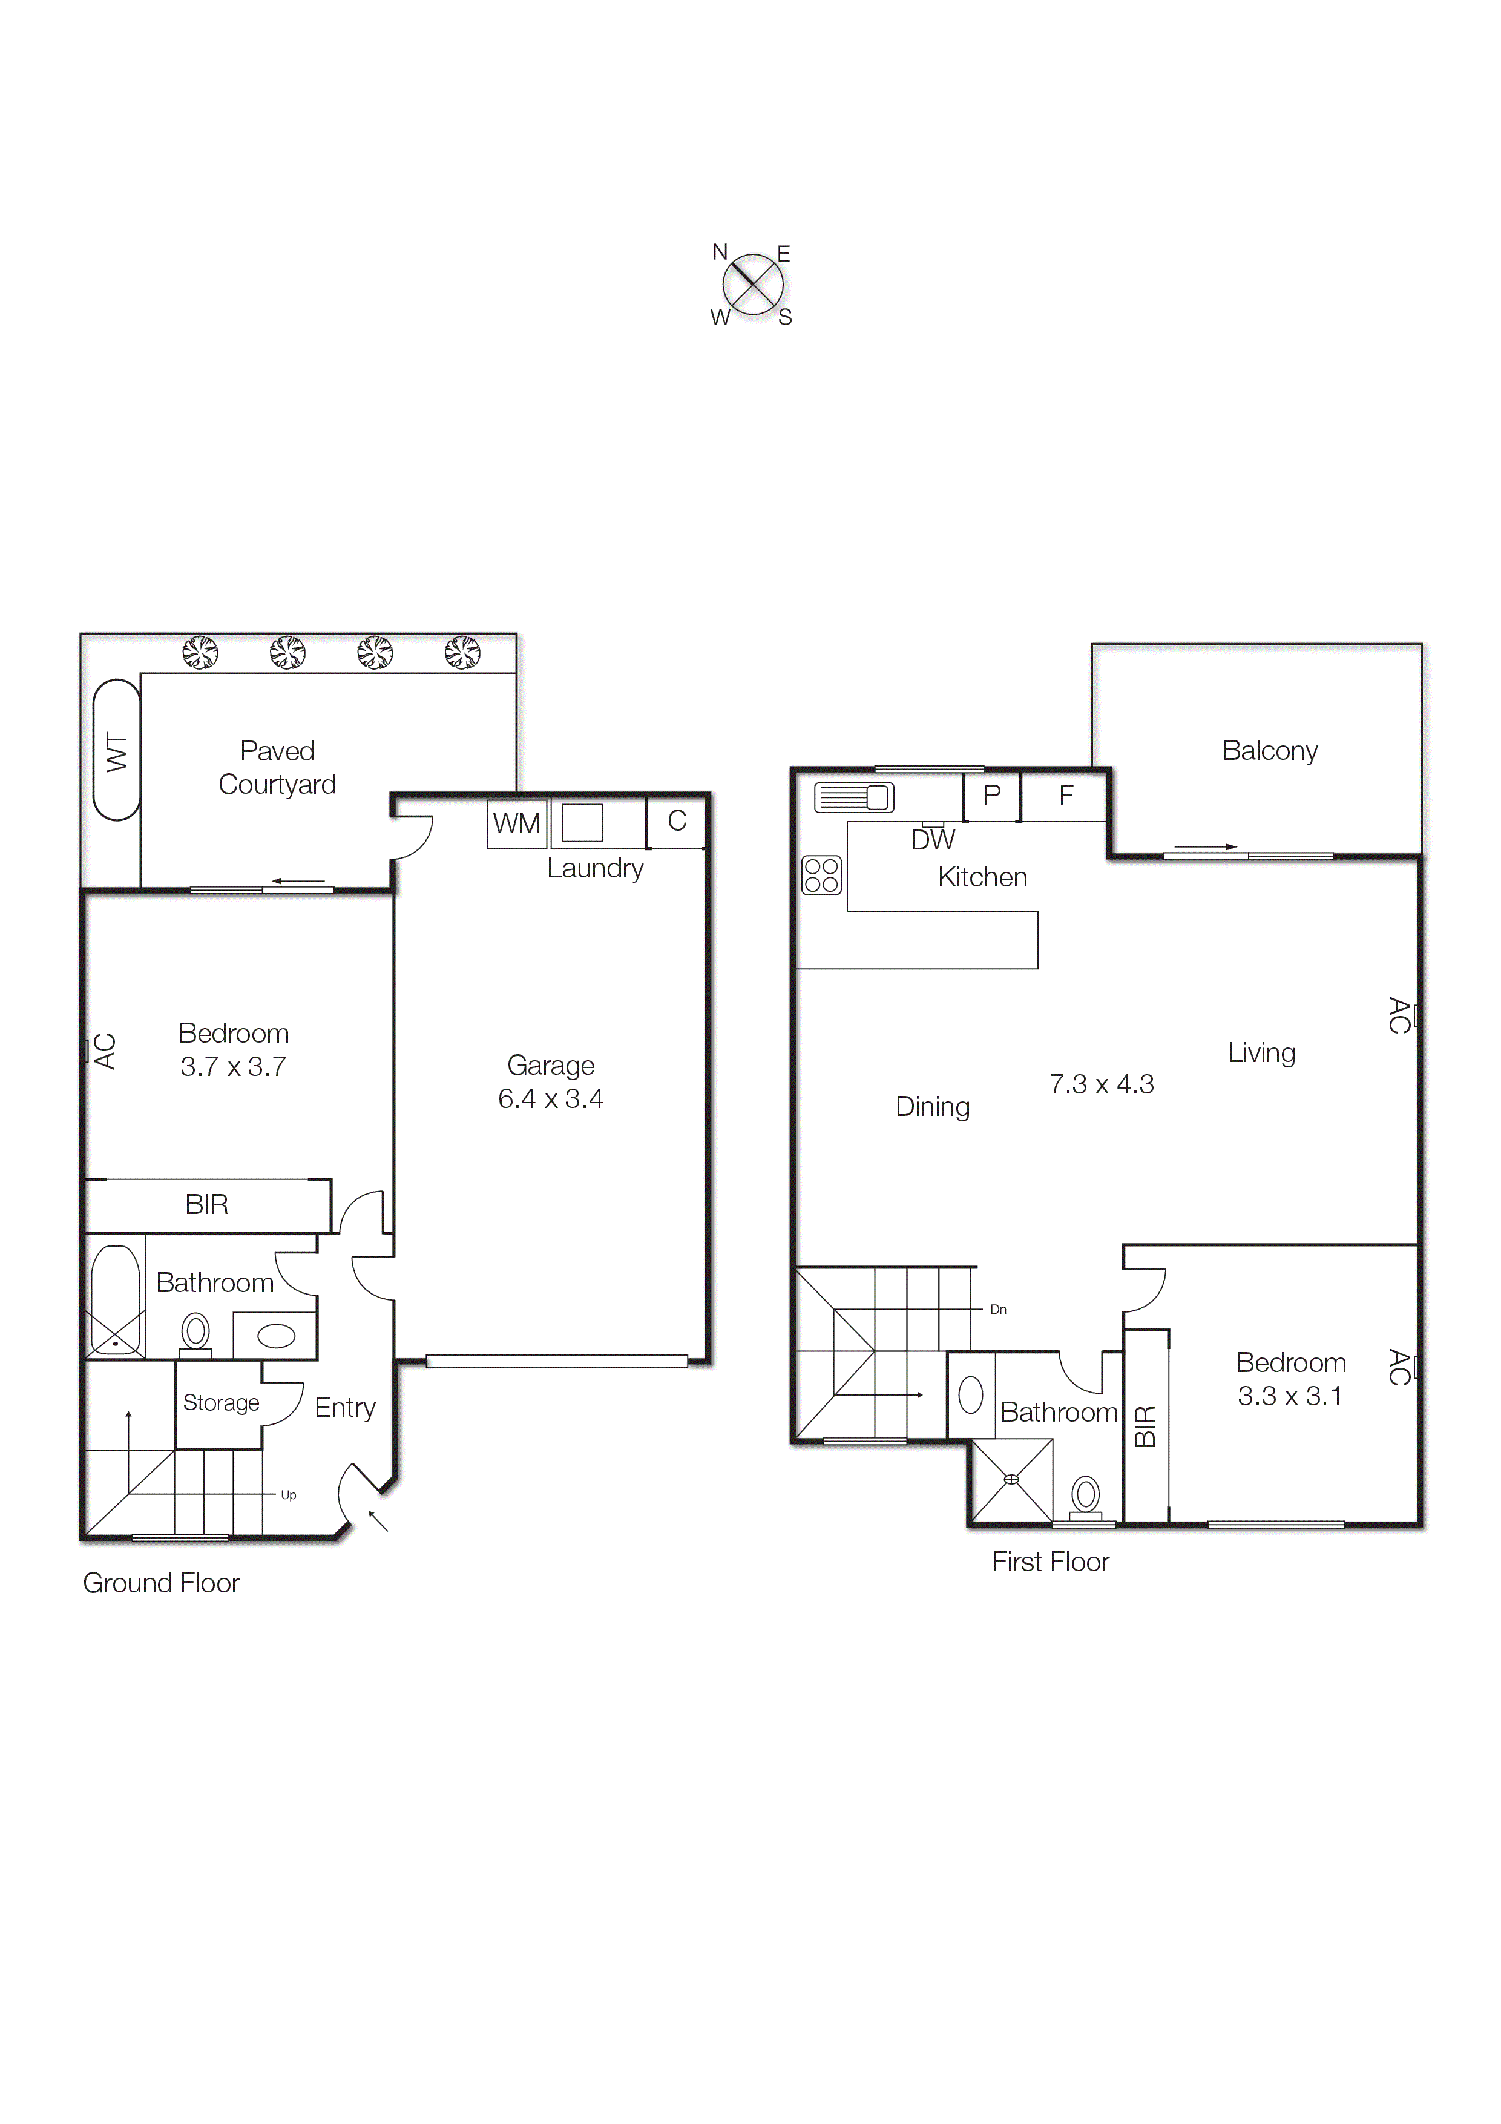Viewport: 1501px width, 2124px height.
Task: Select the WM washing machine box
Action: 516,823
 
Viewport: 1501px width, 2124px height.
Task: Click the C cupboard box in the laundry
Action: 677,822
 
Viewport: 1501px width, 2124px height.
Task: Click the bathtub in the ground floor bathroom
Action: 116,1301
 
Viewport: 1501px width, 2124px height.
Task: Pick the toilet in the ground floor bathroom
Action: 195,1334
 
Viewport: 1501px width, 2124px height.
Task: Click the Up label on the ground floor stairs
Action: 289,1495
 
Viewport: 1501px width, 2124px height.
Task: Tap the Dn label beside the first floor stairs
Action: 998,1309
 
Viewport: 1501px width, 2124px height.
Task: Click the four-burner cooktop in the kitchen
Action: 821,874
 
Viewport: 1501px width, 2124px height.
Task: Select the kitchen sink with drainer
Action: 853,797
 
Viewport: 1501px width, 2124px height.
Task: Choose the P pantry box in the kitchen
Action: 991,796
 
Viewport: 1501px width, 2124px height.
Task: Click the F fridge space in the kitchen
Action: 1065,796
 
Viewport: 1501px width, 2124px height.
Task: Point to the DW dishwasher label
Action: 932,840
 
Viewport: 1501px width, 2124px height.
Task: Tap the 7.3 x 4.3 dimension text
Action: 1102,1084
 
